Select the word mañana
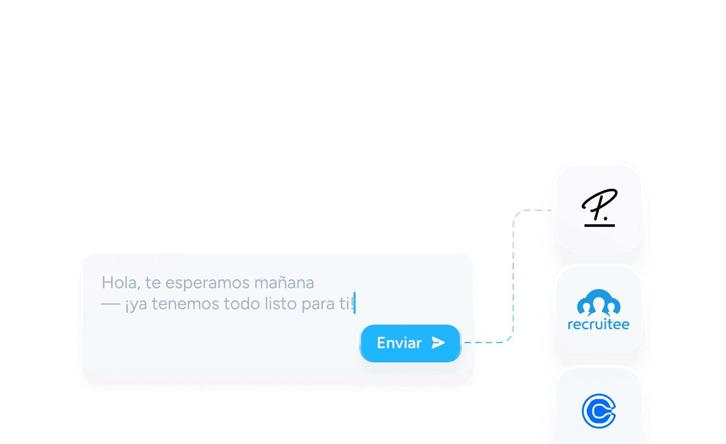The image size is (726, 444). (284, 283)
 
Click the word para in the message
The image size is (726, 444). (318, 305)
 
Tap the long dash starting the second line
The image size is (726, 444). (111, 304)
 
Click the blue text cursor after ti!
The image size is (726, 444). (354, 303)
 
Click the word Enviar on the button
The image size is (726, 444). (399, 343)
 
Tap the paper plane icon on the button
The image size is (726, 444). (438, 343)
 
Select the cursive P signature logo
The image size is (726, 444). (600, 207)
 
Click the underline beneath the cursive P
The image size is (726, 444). (600, 226)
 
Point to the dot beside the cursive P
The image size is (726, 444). (606, 218)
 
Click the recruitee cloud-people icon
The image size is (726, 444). (599, 303)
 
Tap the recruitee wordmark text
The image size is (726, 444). (599, 324)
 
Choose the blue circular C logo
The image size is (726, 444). (599, 411)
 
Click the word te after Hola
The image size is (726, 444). (153, 283)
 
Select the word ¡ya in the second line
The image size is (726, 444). (136, 305)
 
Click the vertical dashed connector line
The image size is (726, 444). (513, 276)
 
